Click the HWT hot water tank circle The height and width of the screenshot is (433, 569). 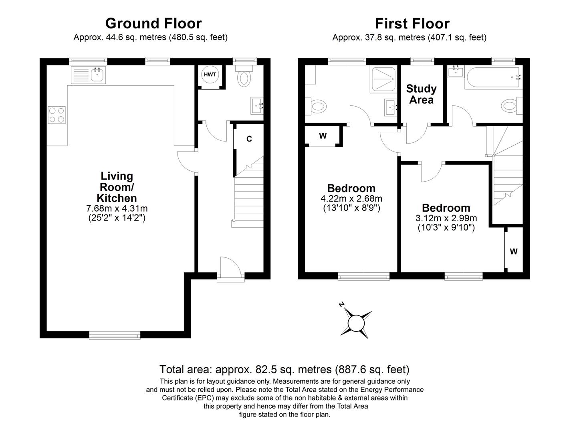tap(210, 75)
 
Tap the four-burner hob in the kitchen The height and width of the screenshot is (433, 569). tap(56, 114)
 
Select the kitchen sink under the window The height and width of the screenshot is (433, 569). tap(88, 75)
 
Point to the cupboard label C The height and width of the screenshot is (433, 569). tap(249, 139)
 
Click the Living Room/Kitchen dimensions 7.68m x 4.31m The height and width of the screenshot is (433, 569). tap(117, 208)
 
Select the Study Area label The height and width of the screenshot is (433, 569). tap(421, 94)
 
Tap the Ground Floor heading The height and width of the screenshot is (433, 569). tap(153, 24)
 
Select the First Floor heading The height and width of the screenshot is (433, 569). tap(412, 24)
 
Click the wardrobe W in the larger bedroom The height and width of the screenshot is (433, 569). tap(323, 136)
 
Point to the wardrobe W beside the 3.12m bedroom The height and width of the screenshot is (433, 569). tap(514, 251)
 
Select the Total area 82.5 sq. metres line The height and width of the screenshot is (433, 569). tap(284, 369)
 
